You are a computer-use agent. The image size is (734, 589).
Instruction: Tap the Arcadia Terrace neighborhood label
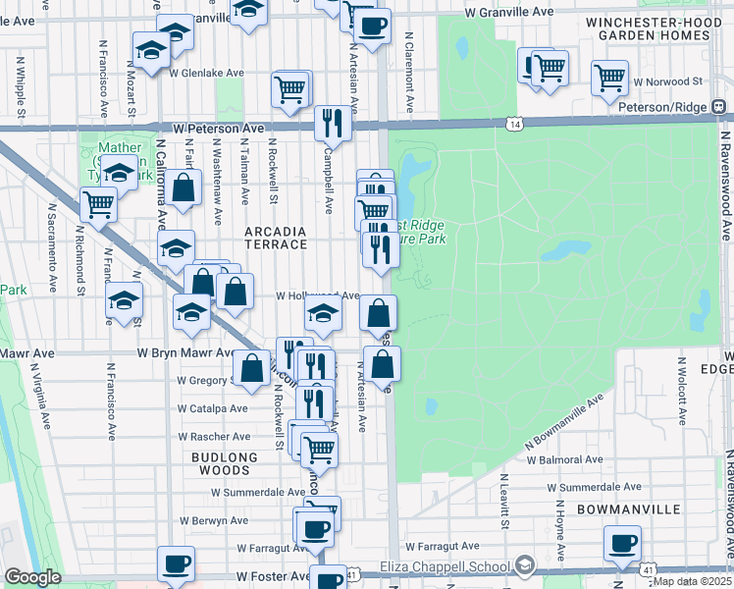(x=276, y=239)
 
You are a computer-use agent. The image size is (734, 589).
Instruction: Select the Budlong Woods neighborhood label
(x=225, y=463)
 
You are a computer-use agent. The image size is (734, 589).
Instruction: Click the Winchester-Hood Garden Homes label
(x=647, y=28)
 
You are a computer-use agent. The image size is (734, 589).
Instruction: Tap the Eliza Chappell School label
(x=447, y=565)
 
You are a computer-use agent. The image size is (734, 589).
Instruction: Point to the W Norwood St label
(x=669, y=82)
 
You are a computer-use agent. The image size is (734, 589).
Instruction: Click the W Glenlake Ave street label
(x=206, y=73)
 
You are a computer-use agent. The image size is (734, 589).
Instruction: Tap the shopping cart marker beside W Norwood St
(x=610, y=76)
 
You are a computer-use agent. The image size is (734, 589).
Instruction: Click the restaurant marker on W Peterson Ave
(x=332, y=123)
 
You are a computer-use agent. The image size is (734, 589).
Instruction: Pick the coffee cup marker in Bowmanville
(x=622, y=543)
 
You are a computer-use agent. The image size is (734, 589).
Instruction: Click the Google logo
(x=32, y=578)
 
